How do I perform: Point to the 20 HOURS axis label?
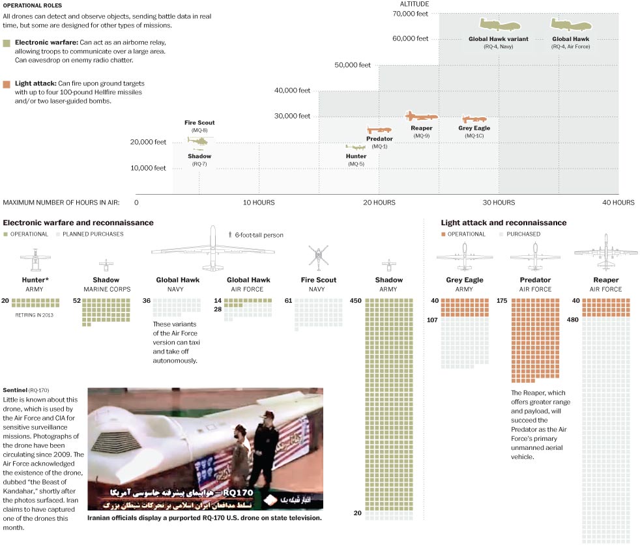click(379, 203)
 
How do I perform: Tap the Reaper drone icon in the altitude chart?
click(421, 117)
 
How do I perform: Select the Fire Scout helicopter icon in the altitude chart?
click(197, 139)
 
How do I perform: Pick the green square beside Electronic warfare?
click(6, 42)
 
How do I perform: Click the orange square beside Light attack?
click(6, 84)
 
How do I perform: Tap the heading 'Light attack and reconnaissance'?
click(503, 223)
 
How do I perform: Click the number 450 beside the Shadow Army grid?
click(356, 301)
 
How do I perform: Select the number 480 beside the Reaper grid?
click(572, 320)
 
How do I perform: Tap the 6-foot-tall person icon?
click(229, 234)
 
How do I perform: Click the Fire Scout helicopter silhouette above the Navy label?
click(318, 255)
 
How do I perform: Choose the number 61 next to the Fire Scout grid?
click(288, 301)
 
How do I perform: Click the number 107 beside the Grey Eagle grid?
click(432, 320)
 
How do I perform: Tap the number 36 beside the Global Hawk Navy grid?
click(146, 301)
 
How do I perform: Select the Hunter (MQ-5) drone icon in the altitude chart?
click(355, 148)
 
